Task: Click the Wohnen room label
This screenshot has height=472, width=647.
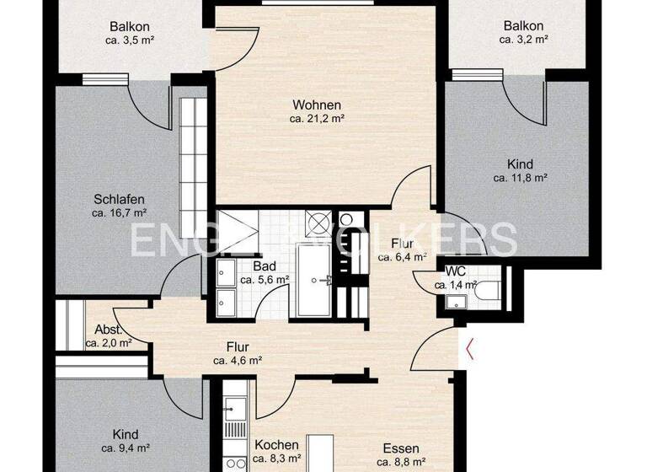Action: point(317,105)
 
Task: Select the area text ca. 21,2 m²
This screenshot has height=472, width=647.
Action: point(317,119)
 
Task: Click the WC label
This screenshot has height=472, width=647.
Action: point(455,271)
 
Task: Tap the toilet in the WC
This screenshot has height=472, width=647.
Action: point(489,290)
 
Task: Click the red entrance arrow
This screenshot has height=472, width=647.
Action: point(470,348)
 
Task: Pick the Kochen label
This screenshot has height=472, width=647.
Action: point(276,445)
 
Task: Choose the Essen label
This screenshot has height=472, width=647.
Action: point(401,448)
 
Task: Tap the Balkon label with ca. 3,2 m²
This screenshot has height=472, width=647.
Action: point(522,25)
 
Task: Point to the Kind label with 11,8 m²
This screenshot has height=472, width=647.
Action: point(521,164)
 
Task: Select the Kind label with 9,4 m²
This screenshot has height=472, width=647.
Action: point(126,434)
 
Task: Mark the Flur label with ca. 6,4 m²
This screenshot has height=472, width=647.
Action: point(402,244)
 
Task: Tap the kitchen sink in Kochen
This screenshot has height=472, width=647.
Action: point(233,411)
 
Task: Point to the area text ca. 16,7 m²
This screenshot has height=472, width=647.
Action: point(120,213)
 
